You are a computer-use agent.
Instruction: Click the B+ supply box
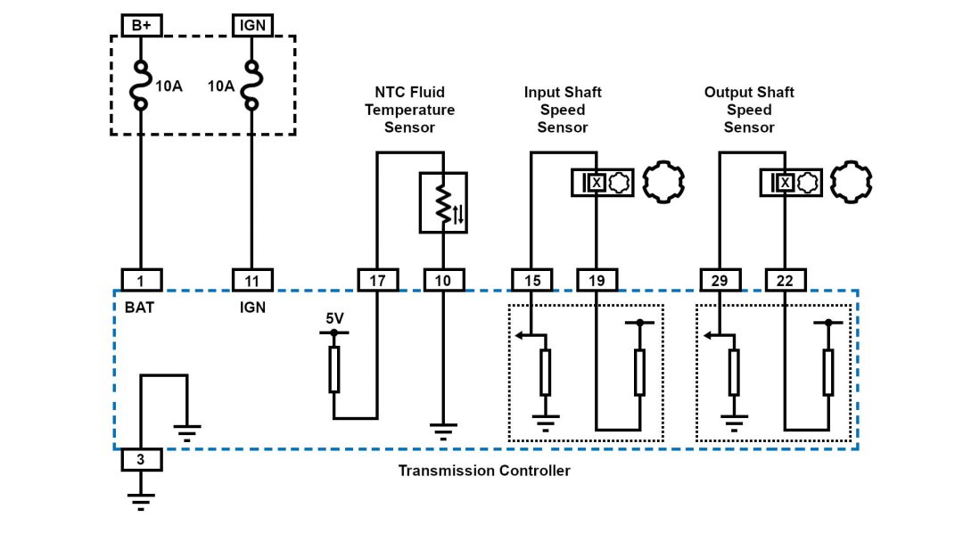pos(141,25)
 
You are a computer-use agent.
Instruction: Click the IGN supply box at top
pos(252,25)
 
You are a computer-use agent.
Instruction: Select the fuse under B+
pos(141,86)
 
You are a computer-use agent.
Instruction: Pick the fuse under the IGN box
pos(252,86)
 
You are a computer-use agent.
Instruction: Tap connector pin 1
pos(141,281)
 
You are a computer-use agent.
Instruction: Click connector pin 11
pos(252,281)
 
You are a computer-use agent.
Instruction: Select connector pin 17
pos(377,281)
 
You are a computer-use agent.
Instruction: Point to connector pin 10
pos(443,281)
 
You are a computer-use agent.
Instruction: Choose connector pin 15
pos(531,281)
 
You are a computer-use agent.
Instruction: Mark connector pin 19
pos(597,281)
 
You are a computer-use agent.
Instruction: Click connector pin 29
pos(720,281)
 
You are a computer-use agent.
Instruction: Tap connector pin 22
pos(785,281)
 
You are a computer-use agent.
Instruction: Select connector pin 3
pos(141,461)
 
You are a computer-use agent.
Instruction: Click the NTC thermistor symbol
pos(443,203)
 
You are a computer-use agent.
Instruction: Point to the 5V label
pos(334,317)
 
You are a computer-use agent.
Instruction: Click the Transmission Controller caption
pos(483,471)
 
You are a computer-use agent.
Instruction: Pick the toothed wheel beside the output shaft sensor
pos(851,182)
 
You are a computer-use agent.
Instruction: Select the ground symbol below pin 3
pos(141,501)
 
